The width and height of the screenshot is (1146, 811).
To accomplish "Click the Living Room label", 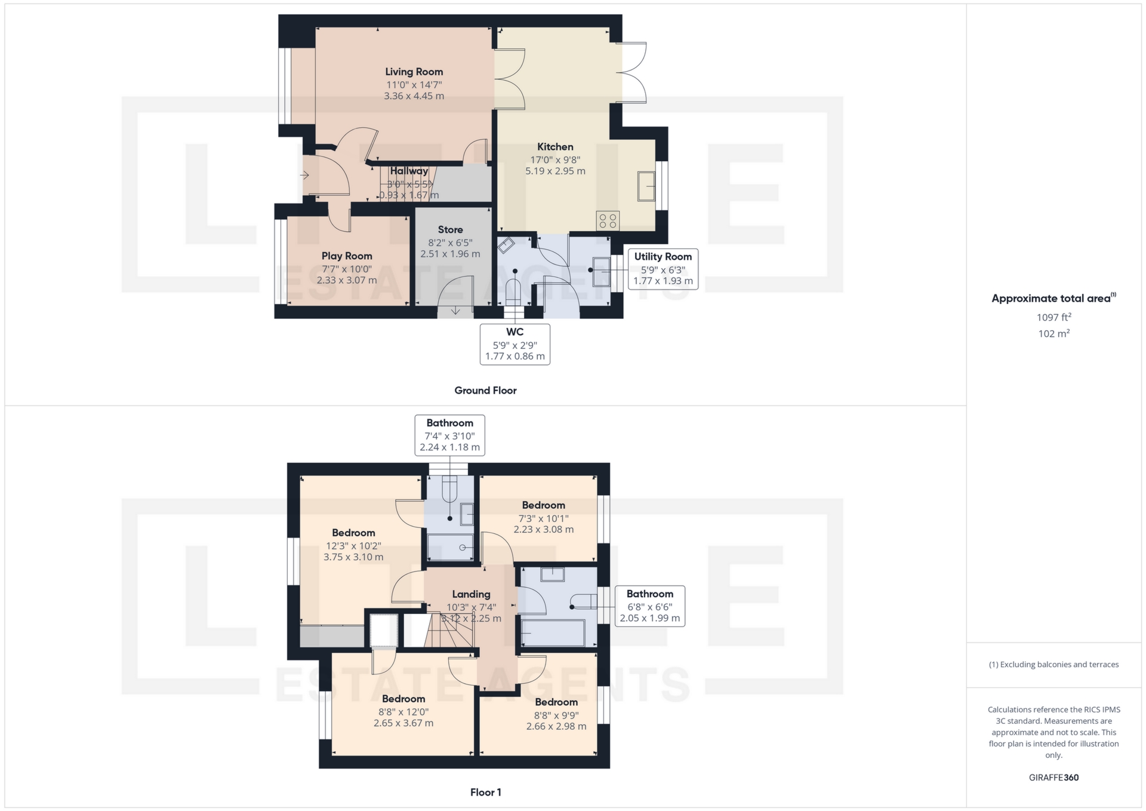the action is coord(414,72).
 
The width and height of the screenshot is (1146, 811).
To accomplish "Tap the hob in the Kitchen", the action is coord(608,221).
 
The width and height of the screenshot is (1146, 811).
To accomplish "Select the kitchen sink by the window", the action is coord(646,186).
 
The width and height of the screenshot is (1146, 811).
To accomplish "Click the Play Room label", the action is coord(347,256).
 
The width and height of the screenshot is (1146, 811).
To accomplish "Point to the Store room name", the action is coord(450,229).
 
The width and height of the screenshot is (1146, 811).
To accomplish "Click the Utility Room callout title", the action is coord(663,257).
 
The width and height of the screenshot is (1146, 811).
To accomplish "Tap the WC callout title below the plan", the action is coord(515,332).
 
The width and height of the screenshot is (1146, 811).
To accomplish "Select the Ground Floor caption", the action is coord(485,391).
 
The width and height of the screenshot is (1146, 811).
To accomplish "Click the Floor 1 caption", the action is coord(485,792).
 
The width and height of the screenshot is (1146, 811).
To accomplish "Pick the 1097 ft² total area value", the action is coord(1053,317).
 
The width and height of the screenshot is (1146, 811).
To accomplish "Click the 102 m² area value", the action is coord(1053,334).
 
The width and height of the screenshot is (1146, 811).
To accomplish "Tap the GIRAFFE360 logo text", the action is coord(1053,778).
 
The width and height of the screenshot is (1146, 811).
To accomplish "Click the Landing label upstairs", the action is coord(471,594).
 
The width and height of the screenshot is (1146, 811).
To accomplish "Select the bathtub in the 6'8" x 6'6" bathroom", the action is coord(553,633).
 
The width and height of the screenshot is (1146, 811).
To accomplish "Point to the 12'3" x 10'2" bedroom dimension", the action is coord(353,546).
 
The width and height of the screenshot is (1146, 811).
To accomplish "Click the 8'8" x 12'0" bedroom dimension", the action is coord(403,712).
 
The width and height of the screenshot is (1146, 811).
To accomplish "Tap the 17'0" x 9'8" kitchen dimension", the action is coord(555,160).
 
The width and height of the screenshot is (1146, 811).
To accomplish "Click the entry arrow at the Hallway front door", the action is coord(304,176).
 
